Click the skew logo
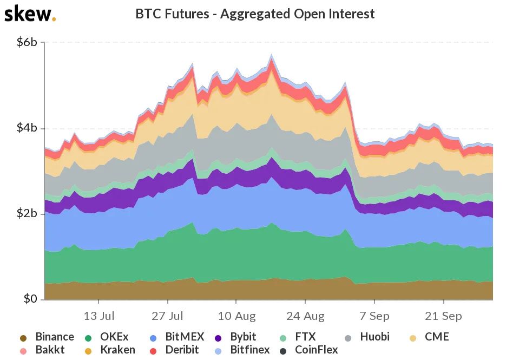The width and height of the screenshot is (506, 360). [29, 14]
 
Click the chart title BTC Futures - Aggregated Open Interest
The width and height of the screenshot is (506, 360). [255, 14]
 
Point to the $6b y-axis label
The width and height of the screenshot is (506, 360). [27, 42]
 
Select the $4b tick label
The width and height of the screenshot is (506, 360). [27, 128]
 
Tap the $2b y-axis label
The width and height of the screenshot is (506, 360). [27, 214]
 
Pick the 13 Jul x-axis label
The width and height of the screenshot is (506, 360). [99, 315]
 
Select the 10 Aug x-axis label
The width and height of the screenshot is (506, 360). [236, 315]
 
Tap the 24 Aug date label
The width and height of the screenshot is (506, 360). [306, 315]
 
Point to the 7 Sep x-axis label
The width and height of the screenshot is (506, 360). [374, 315]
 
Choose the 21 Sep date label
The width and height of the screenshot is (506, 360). [444, 315]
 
